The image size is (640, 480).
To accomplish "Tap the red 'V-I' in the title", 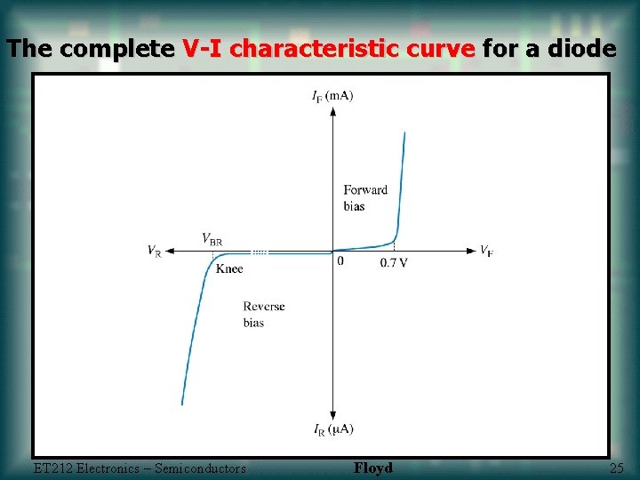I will coord(204,49).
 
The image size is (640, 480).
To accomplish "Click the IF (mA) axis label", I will coord(332,96).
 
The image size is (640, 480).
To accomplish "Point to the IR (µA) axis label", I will coord(332,429).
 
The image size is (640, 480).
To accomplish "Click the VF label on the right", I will coord(486,252).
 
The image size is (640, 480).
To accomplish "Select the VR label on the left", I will coord(155,252).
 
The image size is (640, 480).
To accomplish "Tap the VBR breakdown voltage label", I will coord(212,239).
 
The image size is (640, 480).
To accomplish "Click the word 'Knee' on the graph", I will coord(229,268).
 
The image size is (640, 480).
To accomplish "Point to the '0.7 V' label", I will coord(394,263).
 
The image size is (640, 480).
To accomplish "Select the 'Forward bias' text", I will coord(365,197).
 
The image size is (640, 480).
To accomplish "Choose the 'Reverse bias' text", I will coord(264,315).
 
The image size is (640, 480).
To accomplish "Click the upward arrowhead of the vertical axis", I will coord(332,111).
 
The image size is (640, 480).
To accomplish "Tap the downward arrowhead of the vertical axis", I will coord(332,415).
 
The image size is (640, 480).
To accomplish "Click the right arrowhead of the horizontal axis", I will coord(471,252).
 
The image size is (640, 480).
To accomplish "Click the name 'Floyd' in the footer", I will coord(372,468).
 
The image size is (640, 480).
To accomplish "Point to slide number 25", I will coord(617,468).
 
